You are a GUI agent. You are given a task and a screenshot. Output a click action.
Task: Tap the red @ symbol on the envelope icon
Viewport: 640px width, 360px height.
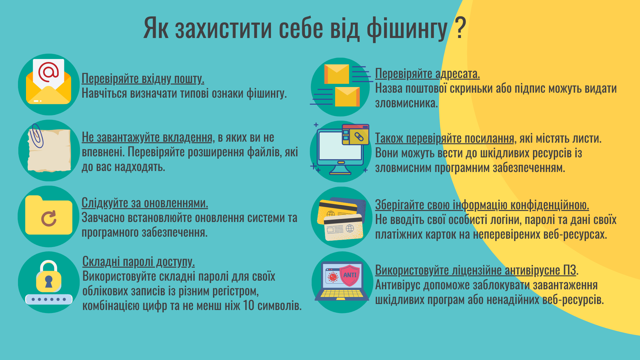click(x=48, y=72)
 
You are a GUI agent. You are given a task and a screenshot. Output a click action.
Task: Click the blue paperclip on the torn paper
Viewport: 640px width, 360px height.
click(x=36, y=136)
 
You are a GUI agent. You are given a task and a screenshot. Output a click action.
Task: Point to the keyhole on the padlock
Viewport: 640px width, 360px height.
click(x=49, y=281)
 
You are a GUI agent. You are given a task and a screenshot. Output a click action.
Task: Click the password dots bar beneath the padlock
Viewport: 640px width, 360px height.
click(x=49, y=299)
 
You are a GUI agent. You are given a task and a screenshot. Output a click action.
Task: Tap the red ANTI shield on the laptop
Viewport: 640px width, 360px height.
click(x=350, y=275)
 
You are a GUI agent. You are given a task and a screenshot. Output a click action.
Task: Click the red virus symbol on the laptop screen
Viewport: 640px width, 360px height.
click(x=332, y=277)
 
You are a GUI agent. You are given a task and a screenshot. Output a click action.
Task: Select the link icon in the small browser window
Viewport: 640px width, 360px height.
click(x=359, y=137)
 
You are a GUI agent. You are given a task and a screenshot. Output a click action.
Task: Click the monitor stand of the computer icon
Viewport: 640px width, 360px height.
click(x=340, y=170)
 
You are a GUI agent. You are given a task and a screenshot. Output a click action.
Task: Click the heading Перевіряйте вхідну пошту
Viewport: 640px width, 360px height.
click(x=143, y=79)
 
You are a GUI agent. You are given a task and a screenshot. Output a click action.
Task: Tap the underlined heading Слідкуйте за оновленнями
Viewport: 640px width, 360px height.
click(x=145, y=203)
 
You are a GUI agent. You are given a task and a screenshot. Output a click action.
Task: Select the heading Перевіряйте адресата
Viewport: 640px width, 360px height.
click(x=427, y=74)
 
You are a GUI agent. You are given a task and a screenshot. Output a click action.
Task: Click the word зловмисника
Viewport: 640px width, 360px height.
click(x=406, y=103)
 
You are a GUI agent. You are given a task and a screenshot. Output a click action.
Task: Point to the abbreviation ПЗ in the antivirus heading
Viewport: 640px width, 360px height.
click(x=570, y=270)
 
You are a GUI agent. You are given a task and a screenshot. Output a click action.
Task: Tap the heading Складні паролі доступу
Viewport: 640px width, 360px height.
click(x=138, y=262)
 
